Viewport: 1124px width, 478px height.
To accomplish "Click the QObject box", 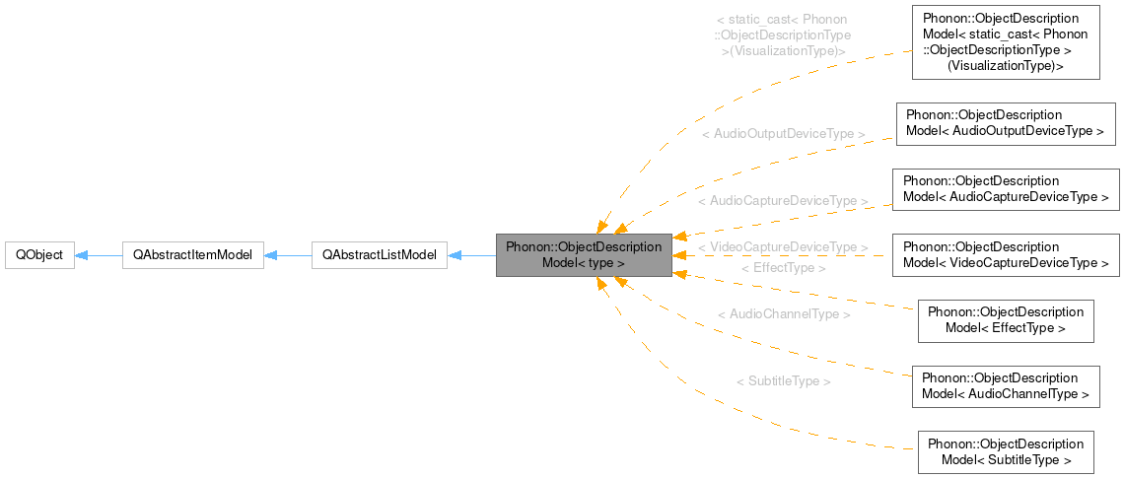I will (39, 255).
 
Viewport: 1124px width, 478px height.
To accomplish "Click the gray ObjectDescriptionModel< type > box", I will (584, 255).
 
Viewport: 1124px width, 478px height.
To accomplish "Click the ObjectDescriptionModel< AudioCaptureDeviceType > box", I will (1006, 189).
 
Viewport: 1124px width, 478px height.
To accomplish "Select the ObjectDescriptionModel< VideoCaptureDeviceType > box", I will (1006, 255).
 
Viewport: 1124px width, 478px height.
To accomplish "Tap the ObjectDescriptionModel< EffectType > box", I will (1006, 321).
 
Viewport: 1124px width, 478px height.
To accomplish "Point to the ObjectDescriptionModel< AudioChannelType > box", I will (1006, 386).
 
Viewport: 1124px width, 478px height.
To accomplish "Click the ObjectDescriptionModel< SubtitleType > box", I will (1006, 452).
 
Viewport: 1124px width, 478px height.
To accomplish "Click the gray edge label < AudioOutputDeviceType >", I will (783, 134).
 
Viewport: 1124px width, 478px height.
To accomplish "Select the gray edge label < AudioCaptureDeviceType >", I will (783, 201).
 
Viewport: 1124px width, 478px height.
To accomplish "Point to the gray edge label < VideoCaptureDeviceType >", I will (783, 247).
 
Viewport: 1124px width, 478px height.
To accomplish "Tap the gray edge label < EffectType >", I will (783, 267).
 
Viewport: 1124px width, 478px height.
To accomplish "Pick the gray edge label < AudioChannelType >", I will (784, 314).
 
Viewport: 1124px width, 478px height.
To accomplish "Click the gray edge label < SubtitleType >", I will (783, 381).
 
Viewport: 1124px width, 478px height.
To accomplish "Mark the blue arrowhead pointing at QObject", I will (82, 255).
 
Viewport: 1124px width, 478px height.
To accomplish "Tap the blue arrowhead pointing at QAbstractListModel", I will (455, 255).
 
